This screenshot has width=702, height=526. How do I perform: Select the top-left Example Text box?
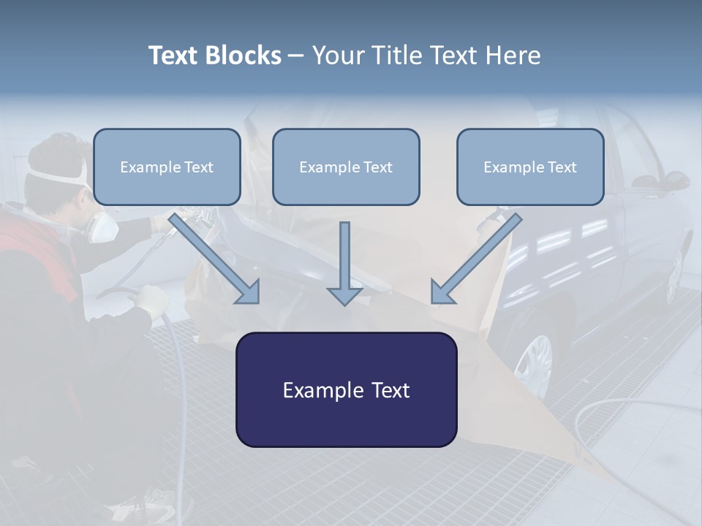pyautogui.click(x=167, y=167)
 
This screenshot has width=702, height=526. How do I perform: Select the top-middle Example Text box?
pyautogui.click(x=346, y=167)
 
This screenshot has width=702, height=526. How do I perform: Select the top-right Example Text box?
pyautogui.click(x=530, y=167)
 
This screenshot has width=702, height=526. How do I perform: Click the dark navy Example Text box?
pyautogui.click(x=346, y=389)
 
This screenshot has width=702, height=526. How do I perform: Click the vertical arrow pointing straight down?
pyautogui.click(x=344, y=263)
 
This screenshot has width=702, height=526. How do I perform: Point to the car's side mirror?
pyautogui.click(x=673, y=180)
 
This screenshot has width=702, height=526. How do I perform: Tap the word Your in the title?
pyautogui.click(x=338, y=56)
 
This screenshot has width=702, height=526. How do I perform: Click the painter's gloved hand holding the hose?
pyautogui.click(x=152, y=300)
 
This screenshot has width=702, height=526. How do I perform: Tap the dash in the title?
pyautogui.click(x=296, y=56)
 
